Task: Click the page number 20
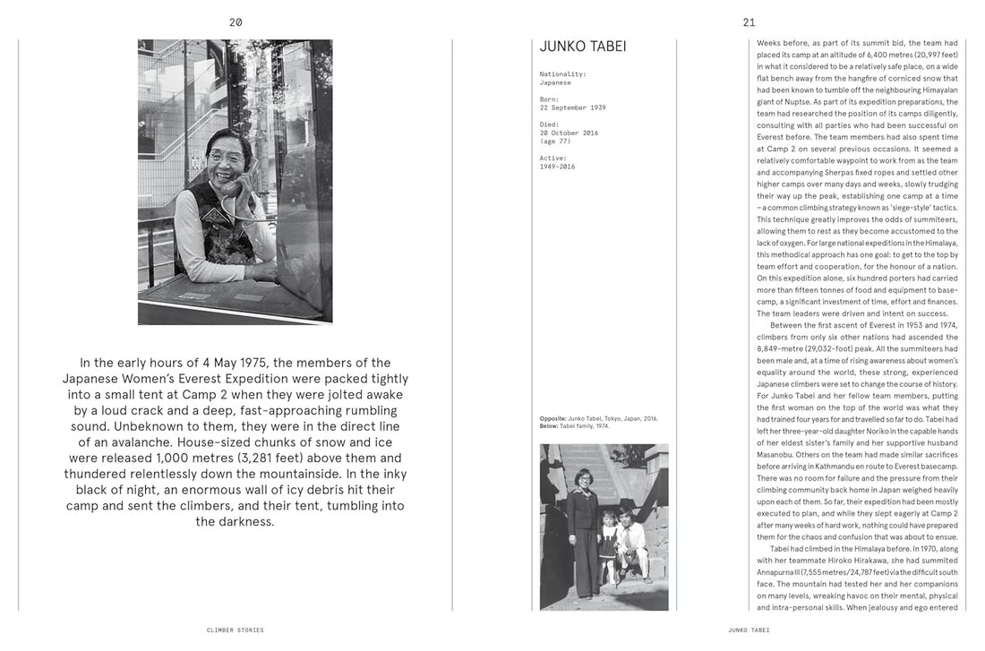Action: [236, 22]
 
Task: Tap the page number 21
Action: [749, 22]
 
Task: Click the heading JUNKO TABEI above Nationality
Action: [583, 47]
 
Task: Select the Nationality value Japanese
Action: [555, 82]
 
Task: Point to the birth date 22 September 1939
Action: [572, 107]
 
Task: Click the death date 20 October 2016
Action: [569, 133]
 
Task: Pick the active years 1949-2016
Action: [557, 167]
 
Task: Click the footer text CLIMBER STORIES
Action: [236, 630]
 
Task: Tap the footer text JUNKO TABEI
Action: [749, 630]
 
